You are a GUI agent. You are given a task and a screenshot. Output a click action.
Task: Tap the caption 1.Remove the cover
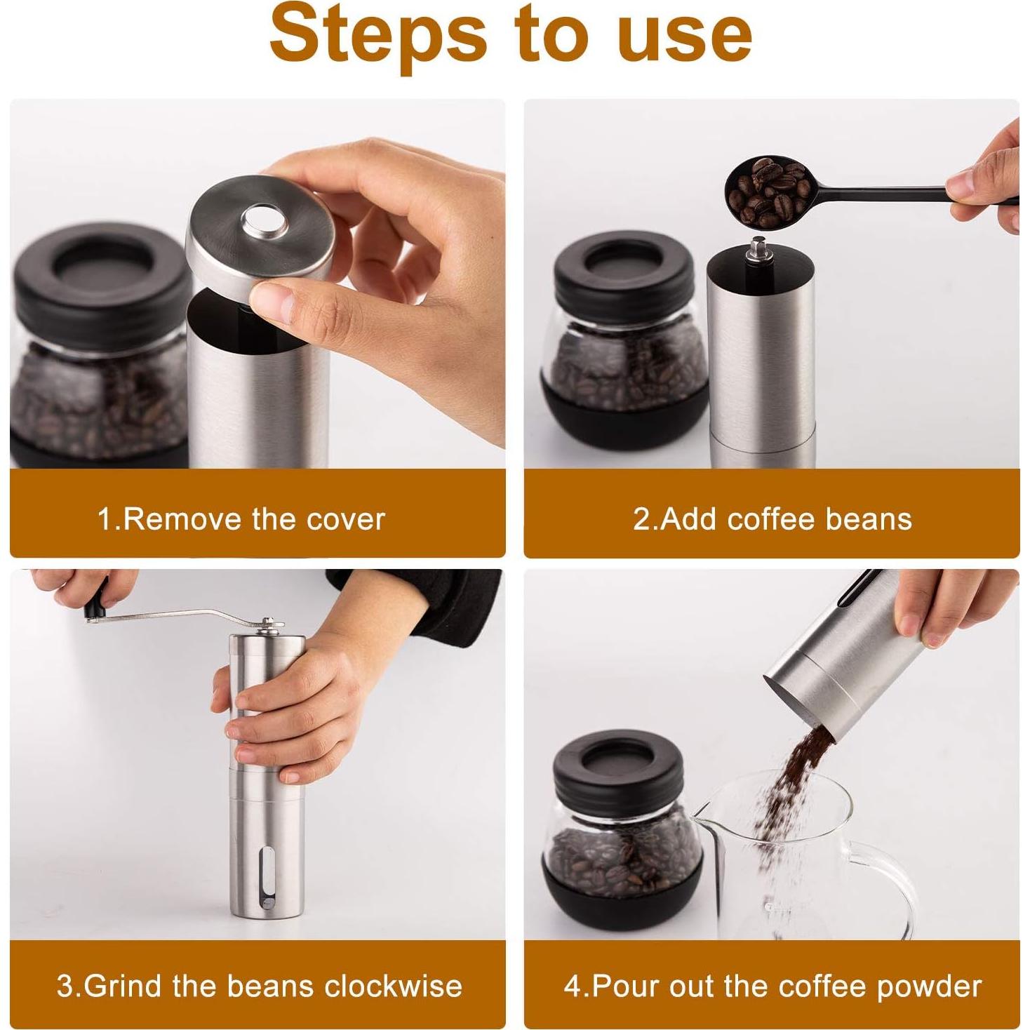coord(241,520)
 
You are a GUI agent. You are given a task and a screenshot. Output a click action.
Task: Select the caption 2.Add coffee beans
coord(772,520)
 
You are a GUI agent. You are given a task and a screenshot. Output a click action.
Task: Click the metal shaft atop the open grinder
coord(758,250)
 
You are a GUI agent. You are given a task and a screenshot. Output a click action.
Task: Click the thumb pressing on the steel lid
coord(281,298)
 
